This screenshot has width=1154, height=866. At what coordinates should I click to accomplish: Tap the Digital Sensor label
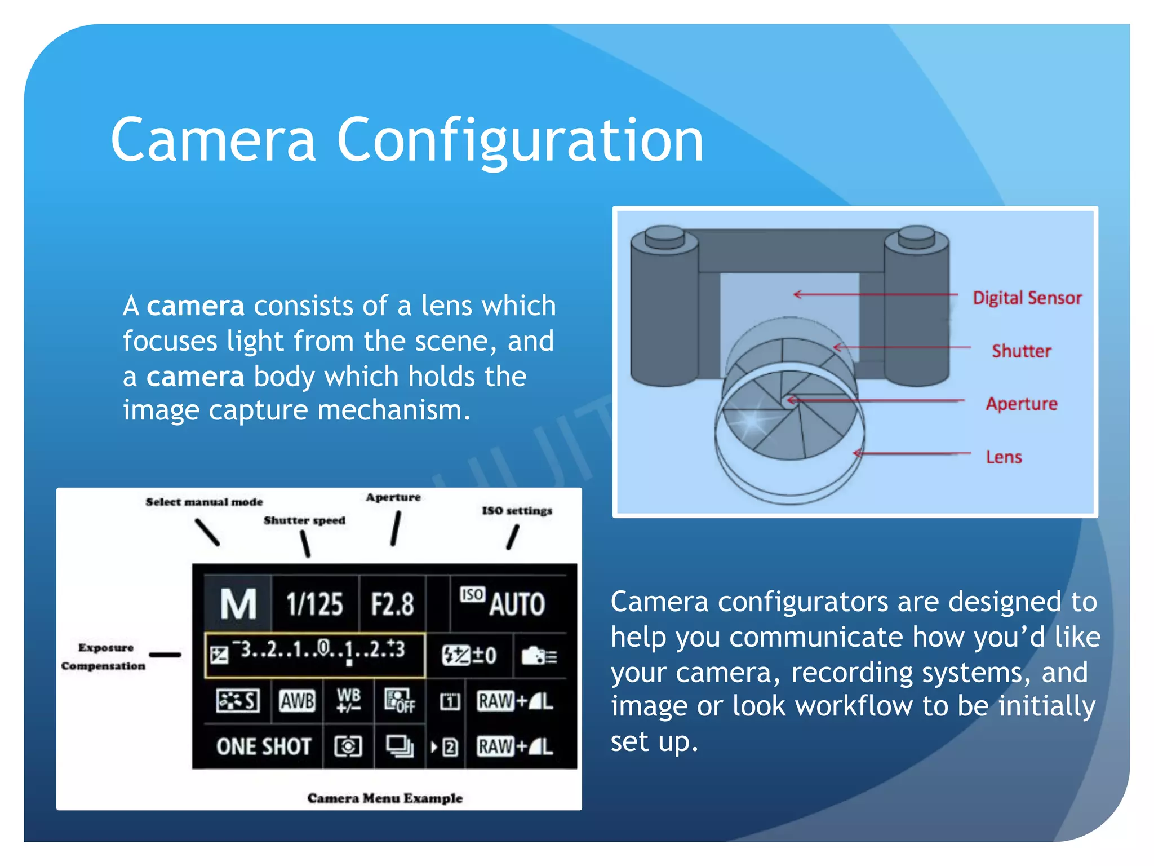click(x=1027, y=298)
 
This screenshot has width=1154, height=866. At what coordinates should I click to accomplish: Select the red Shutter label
click(x=1021, y=351)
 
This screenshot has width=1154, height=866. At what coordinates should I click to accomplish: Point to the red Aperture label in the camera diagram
click(x=1021, y=404)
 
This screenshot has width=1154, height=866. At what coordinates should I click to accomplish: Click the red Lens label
click(x=1004, y=457)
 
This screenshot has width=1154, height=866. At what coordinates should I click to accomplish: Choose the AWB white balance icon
click(x=298, y=701)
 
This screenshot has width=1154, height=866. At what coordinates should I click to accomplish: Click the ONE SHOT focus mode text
click(x=264, y=746)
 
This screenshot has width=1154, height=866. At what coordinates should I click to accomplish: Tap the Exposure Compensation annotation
click(x=104, y=656)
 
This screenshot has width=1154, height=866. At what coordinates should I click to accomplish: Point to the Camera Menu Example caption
click(x=385, y=798)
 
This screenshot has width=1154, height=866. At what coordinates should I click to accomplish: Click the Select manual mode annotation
click(x=204, y=502)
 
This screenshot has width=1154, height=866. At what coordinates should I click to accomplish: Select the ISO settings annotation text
click(x=517, y=511)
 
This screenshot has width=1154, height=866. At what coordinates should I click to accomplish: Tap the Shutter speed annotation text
click(x=304, y=520)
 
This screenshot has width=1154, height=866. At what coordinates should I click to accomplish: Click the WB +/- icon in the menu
click(x=348, y=700)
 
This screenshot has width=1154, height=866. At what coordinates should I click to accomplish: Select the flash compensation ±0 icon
click(x=469, y=655)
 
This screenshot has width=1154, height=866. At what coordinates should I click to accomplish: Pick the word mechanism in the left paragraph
click(x=393, y=410)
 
